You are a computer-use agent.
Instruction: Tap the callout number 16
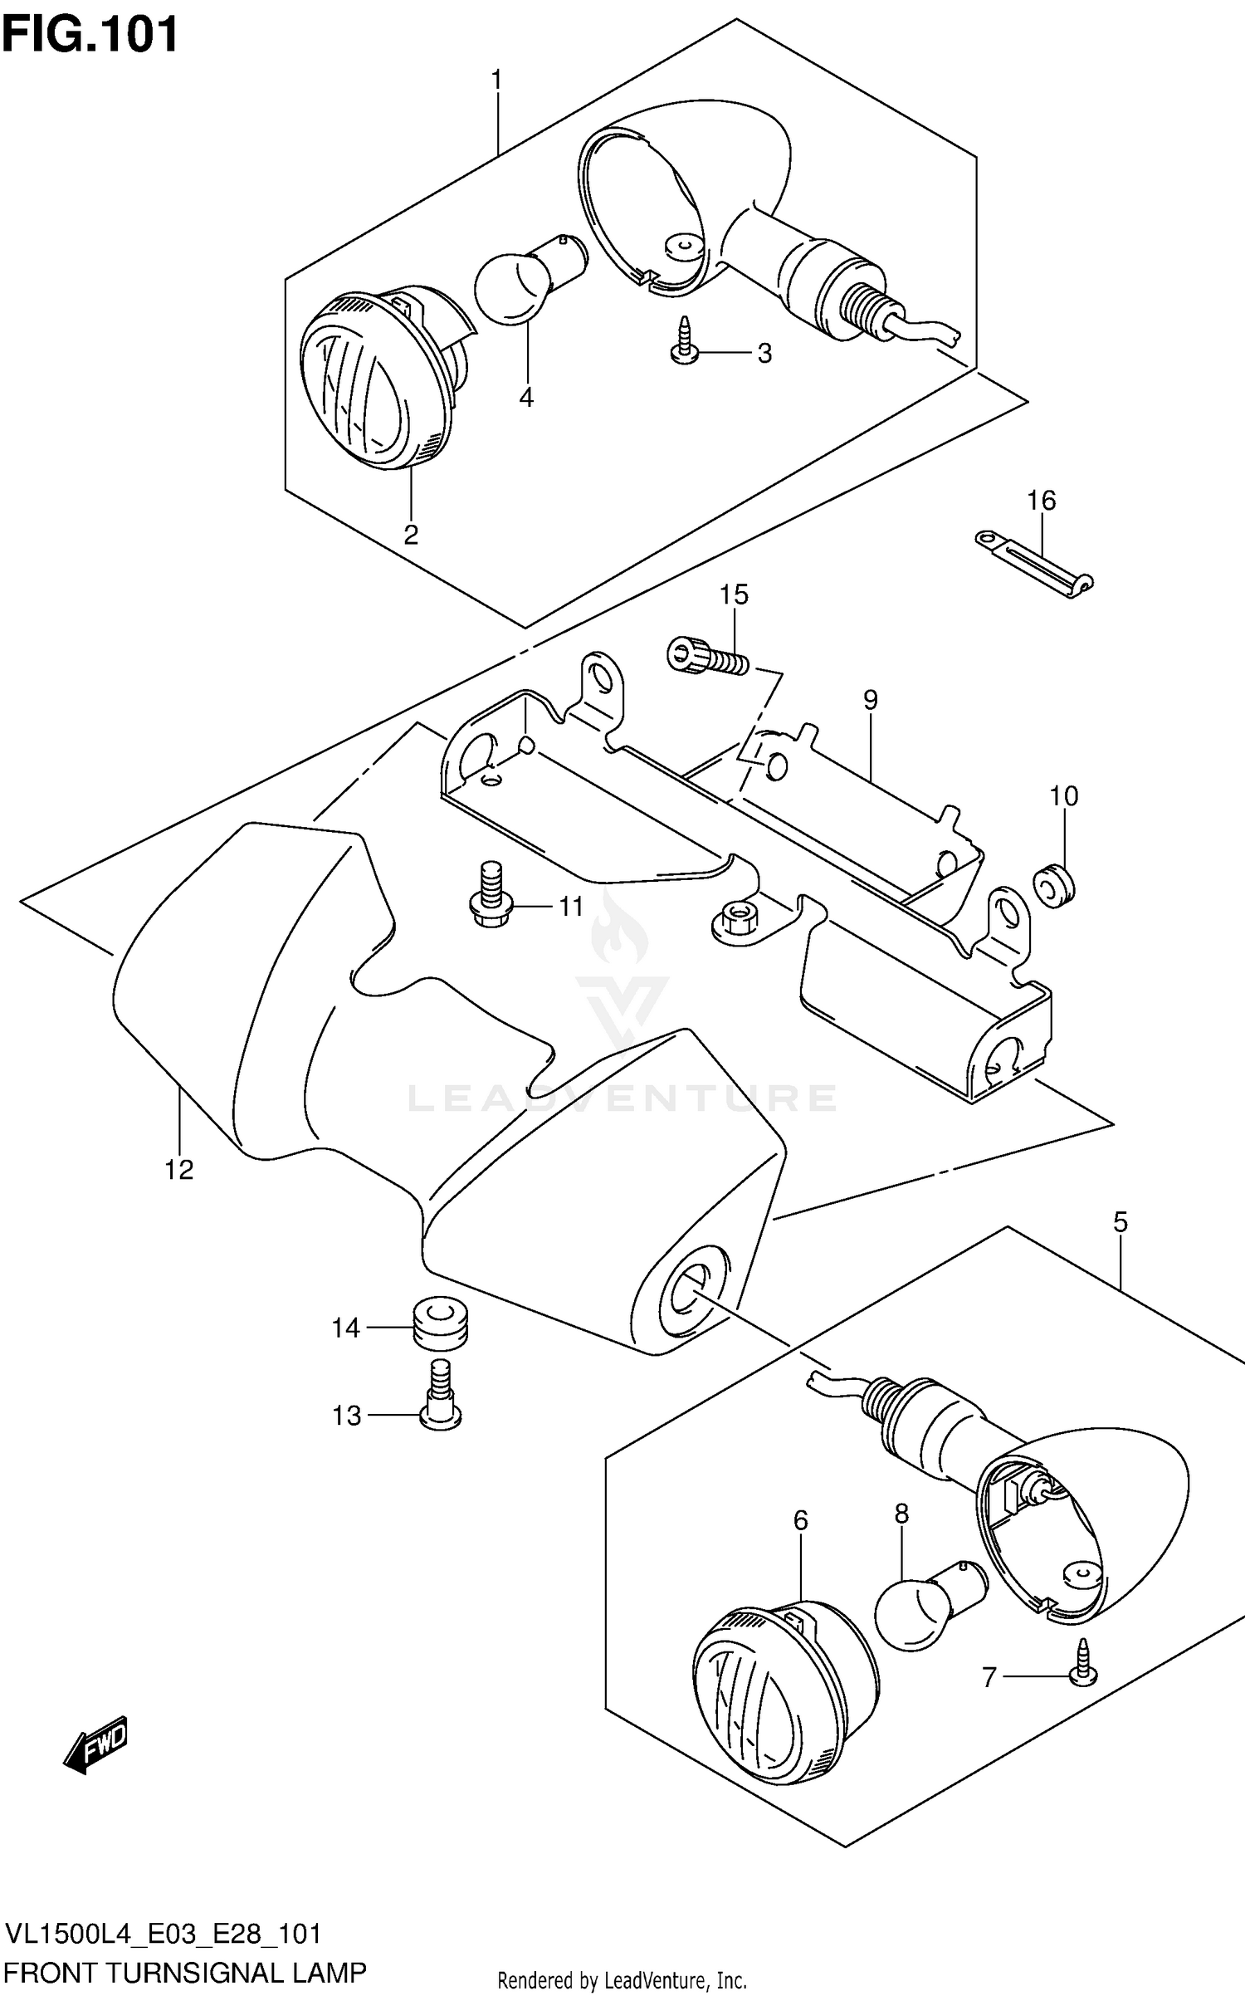[x=1041, y=501]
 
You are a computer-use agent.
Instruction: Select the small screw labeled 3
[x=683, y=342]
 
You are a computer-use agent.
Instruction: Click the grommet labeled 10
[x=1054, y=886]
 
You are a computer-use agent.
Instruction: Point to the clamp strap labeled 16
[x=1033, y=563]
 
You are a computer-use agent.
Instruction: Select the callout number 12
[x=178, y=1170]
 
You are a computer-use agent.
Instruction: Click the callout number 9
[x=869, y=700]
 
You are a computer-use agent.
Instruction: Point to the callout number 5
[x=1120, y=1222]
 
